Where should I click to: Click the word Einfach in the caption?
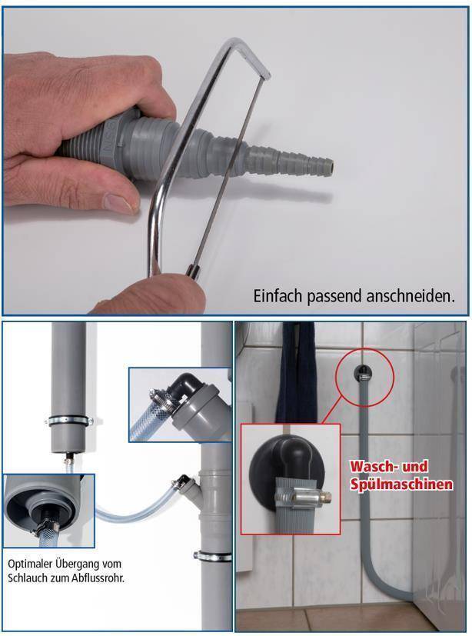click(274, 296)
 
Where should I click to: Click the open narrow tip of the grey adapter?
click(328, 163)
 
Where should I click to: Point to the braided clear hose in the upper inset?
click(149, 420)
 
